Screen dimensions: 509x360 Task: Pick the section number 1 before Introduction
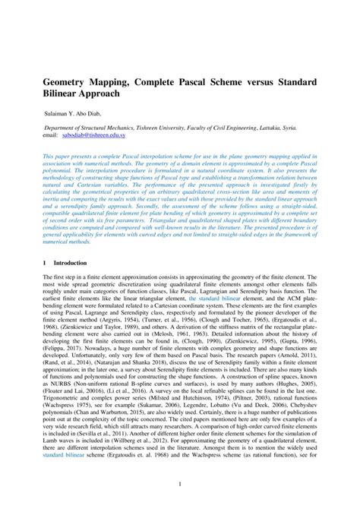pyautogui.click(x=43, y=262)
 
